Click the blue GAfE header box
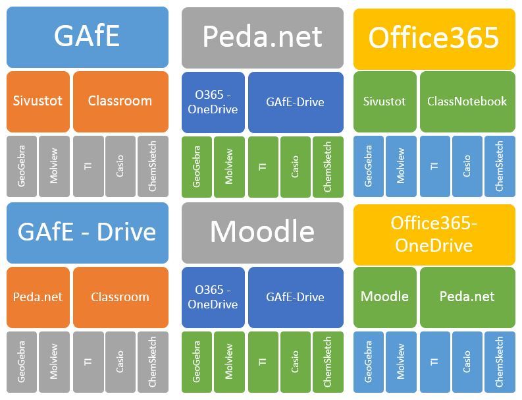(87, 37)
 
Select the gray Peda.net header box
(262, 38)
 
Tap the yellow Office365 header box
(434, 38)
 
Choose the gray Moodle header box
(262, 232)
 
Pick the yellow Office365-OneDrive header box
(434, 234)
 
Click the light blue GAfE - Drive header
(87, 233)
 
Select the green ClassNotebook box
(467, 101)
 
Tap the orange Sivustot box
(38, 101)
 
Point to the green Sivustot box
(384, 101)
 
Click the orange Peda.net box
(38, 297)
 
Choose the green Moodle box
(384, 297)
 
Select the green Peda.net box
(467, 297)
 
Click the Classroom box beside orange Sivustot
(120, 101)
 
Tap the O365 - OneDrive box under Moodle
(213, 297)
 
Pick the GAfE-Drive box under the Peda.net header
(295, 102)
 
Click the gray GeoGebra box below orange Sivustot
(22, 166)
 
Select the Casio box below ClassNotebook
(467, 166)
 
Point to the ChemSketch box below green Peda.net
(500, 362)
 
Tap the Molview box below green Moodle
(401, 362)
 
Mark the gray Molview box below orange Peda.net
(54, 362)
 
